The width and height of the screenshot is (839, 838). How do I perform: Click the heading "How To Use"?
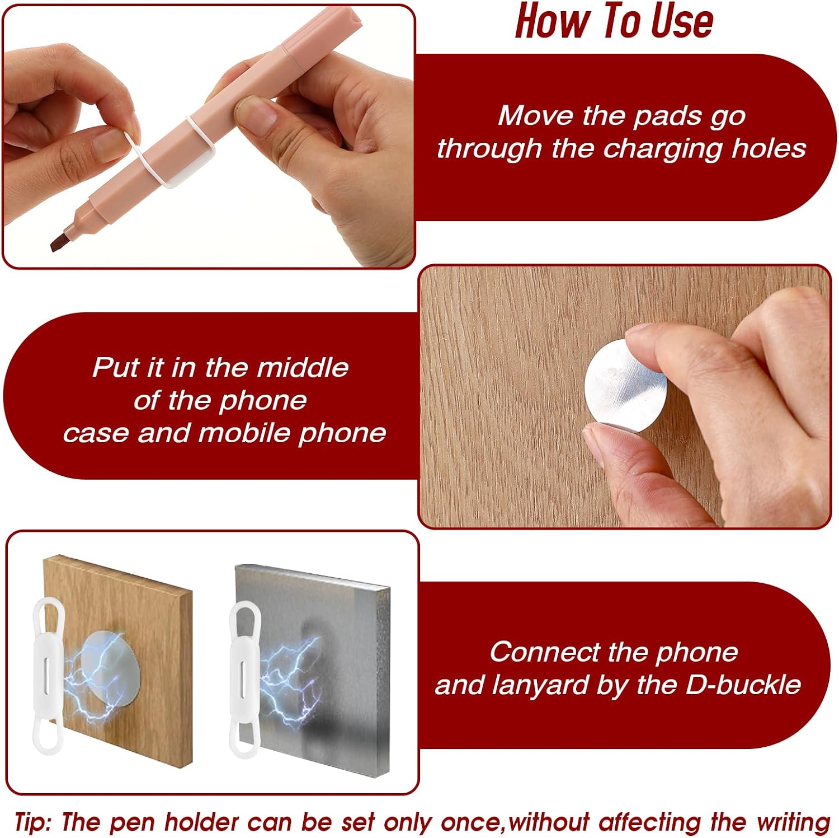tap(614, 21)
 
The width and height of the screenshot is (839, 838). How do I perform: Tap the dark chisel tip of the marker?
tap(60, 241)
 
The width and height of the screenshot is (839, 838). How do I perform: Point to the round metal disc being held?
tap(625, 386)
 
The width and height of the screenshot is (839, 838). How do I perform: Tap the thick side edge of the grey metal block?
tap(382, 677)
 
